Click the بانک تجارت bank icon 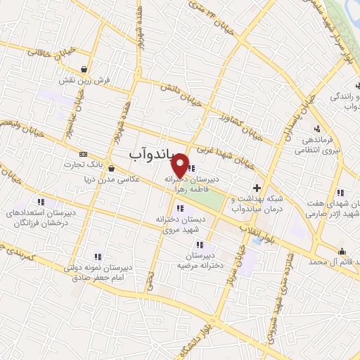tap(84, 154)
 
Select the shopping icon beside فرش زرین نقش tap(85, 69)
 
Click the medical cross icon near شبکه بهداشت tap(257, 188)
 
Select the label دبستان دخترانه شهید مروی tap(179, 224)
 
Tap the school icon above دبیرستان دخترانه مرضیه tap(200, 245)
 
